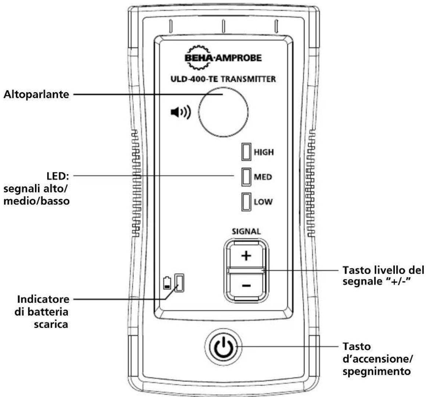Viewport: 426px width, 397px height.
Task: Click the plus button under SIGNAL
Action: pos(246,256)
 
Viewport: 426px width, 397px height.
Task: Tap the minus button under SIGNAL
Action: pos(246,286)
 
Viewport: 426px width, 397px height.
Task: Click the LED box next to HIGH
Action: pos(246,152)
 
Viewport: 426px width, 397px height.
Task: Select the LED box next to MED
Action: pos(246,177)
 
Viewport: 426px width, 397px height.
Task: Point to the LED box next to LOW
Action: pos(246,202)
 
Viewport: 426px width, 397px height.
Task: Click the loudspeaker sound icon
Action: pos(181,112)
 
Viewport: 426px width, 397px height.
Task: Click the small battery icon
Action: pos(167,283)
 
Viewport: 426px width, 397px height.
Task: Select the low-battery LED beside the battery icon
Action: pos(179,283)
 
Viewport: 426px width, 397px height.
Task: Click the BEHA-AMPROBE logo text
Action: pos(223,58)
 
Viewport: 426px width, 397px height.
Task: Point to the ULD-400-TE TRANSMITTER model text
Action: pos(223,79)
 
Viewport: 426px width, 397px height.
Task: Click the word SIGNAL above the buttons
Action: pos(246,231)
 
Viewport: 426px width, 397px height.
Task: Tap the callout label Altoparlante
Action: pos(36,95)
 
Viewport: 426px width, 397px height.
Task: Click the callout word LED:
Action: pos(58,176)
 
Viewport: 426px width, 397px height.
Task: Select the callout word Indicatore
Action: pos(43,299)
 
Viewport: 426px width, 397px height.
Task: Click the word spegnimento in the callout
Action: pos(376,372)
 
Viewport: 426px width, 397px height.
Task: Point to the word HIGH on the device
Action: pos(264,152)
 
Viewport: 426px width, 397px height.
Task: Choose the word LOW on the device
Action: pos(263,202)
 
